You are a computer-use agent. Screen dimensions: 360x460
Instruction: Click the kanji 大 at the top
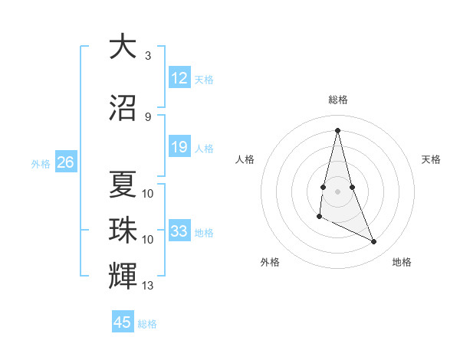122,47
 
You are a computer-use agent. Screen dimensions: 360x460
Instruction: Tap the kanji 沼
122,108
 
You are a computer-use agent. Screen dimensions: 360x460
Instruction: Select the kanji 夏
122,184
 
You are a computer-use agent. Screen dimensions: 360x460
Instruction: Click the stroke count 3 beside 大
147,56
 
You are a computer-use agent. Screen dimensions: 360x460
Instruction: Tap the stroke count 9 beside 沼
147,117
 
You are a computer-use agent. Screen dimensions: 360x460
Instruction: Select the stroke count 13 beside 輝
148,286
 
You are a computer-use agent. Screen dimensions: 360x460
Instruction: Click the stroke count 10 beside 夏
148,193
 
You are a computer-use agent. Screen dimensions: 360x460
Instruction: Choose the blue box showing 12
179,78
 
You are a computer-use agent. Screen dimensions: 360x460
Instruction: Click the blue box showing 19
179,147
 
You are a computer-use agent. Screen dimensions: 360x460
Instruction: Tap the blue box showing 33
179,231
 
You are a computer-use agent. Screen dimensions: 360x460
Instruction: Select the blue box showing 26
65,162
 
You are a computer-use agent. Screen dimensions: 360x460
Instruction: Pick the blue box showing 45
123,322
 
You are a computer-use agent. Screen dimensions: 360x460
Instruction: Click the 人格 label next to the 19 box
204,148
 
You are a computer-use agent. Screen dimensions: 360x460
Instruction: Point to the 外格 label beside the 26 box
41,163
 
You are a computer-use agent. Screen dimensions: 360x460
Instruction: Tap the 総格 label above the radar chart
338,100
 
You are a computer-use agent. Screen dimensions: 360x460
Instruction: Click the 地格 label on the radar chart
402,262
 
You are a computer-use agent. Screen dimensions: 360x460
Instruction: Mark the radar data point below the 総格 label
338,130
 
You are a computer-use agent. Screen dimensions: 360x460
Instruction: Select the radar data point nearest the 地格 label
374,242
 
